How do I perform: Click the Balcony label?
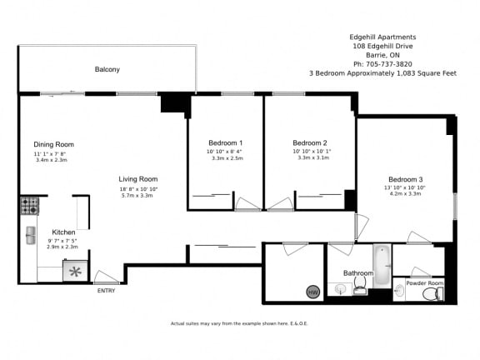[x=107, y=69]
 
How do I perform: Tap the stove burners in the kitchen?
[x=29, y=203]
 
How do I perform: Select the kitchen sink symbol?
[x=30, y=235]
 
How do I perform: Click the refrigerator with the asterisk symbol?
[x=75, y=271]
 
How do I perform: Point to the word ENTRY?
[x=106, y=290]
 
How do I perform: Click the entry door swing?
[x=106, y=277]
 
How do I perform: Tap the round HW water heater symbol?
[x=312, y=292]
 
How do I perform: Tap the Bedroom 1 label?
[x=225, y=142]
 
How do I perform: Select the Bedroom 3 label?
[x=406, y=179]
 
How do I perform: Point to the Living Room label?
[x=137, y=179]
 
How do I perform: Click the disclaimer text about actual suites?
[x=239, y=322]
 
